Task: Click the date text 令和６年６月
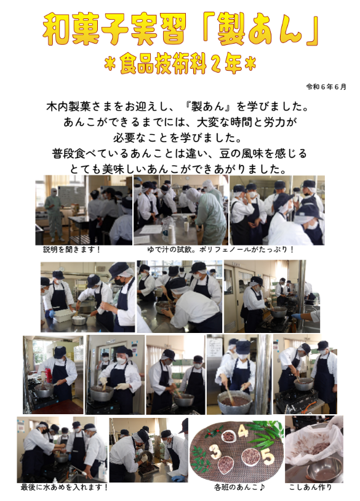point(326,87)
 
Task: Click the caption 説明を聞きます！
point(72,249)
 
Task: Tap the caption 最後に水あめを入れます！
point(64,487)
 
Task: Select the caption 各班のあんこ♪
point(239,487)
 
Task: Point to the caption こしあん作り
point(311,487)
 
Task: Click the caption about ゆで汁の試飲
point(220,249)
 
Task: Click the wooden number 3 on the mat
point(216,451)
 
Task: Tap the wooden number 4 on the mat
point(242,432)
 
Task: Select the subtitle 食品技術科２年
point(180,65)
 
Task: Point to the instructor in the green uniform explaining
point(54,214)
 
